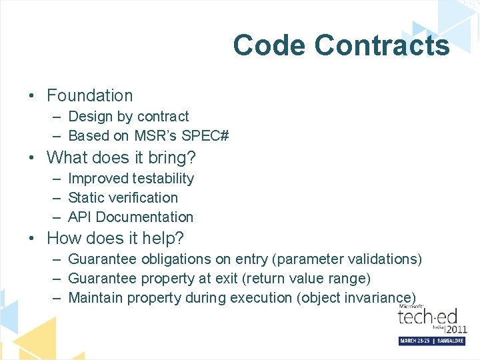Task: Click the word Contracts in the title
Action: pos(382,45)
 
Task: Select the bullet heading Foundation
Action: pos(90,96)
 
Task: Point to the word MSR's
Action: pos(157,136)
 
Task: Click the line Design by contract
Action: pos(129,117)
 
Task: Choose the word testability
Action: pos(163,179)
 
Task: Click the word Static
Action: pos(87,198)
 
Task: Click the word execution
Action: pos(261,297)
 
